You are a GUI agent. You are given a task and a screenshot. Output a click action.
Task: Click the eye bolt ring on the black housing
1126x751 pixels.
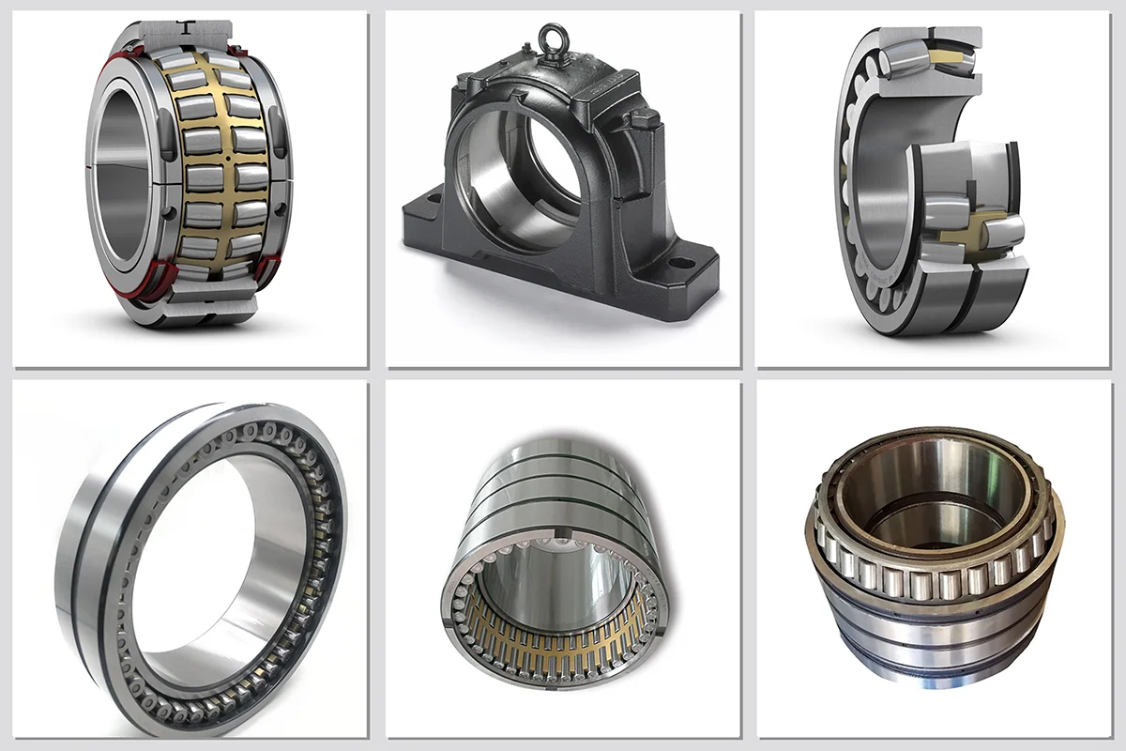(x=550, y=39)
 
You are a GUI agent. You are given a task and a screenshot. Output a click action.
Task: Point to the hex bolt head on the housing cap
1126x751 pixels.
(x=639, y=120)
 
